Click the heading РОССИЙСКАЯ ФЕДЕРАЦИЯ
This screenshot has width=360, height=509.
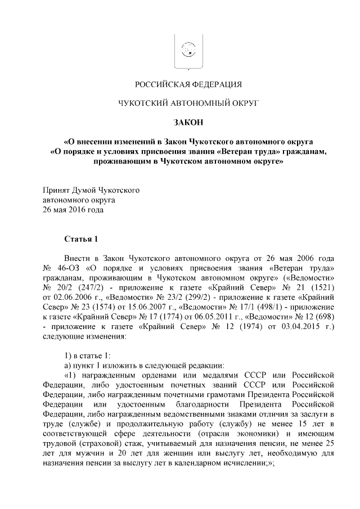(x=188, y=85)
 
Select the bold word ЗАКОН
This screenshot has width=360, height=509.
(x=188, y=121)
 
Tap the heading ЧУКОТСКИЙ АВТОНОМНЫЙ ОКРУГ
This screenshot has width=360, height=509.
(x=188, y=103)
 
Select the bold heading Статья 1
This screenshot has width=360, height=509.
(x=81, y=239)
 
